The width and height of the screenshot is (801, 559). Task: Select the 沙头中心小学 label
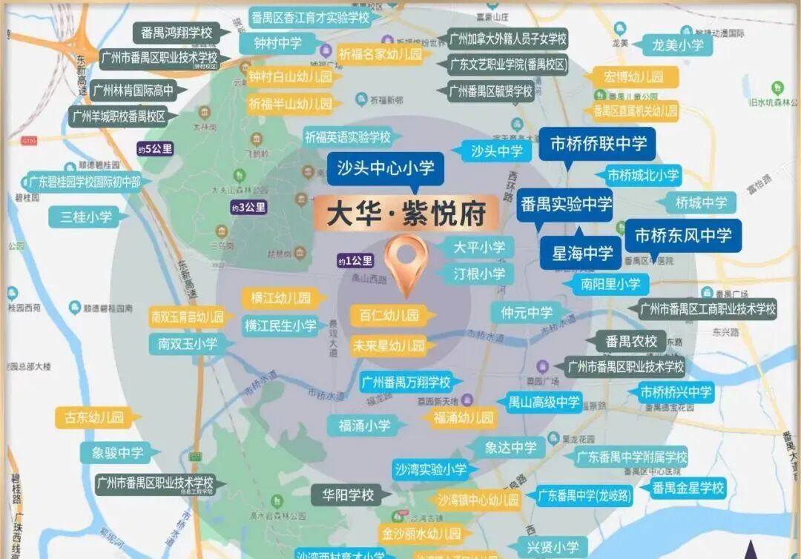point(386,168)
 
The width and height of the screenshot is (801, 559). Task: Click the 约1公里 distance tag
point(355,260)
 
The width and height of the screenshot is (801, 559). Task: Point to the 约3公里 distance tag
point(248,208)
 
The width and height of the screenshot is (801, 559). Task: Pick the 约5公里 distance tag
point(155,149)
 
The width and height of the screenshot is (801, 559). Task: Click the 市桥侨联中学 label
point(598,144)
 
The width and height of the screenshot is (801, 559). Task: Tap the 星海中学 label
point(582,254)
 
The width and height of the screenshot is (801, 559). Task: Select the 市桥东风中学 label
point(683,236)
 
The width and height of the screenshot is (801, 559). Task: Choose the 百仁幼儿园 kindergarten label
point(389,315)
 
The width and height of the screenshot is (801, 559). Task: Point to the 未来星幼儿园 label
point(389,345)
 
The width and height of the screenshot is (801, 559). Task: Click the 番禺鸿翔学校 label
point(177,33)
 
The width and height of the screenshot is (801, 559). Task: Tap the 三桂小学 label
point(91,217)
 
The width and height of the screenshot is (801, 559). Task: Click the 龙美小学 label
point(677,44)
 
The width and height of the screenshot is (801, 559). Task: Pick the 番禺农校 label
point(631,342)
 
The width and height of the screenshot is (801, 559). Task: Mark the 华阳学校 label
point(348,495)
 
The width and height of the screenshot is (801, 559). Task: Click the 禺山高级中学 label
point(544,403)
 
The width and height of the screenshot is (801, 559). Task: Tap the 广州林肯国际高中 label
point(133,91)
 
